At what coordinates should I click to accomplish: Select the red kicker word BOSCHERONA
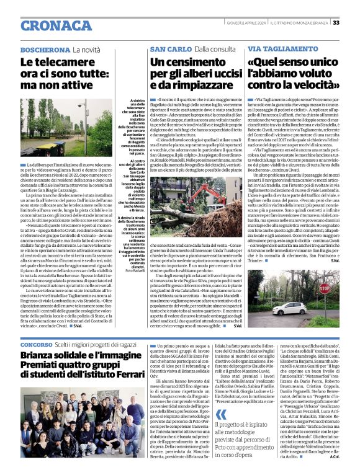(45, 49)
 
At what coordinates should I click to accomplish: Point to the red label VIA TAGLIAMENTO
(277, 48)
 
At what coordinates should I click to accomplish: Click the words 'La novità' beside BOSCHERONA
(86, 49)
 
